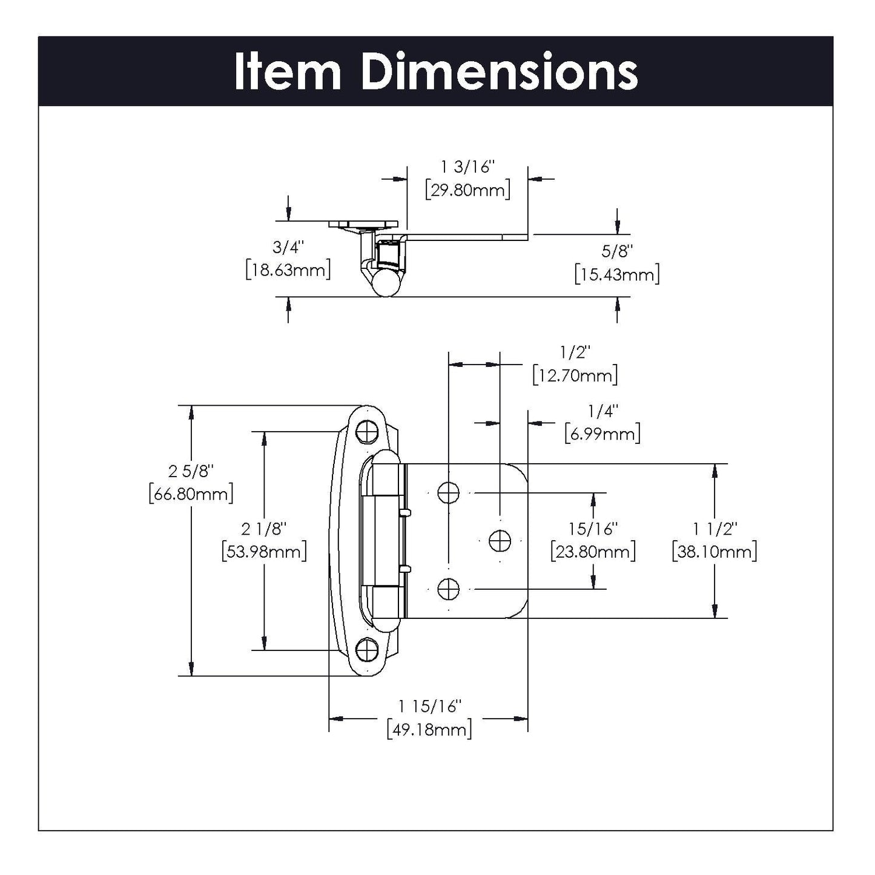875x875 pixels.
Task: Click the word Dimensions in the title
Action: click(x=499, y=72)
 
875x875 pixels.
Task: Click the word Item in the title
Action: click(x=288, y=72)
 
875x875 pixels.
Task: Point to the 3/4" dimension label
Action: click(x=288, y=247)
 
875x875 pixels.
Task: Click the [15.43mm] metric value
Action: click(x=617, y=274)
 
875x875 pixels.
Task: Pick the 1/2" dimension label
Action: click(x=575, y=352)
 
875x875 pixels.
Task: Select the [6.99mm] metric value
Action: click(x=603, y=434)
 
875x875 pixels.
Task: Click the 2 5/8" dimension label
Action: click(x=191, y=471)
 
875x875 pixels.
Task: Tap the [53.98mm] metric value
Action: click(x=265, y=552)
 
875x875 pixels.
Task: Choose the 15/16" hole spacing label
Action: click(x=593, y=529)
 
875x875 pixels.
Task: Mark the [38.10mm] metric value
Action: click(x=715, y=552)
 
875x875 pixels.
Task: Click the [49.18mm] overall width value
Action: click(x=429, y=729)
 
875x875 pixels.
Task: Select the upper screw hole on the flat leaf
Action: click(x=448, y=493)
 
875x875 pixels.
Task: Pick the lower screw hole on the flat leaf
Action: click(x=448, y=588)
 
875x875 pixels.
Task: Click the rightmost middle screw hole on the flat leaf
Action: click(x=500, y=540)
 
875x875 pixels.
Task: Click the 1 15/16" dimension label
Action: click(x=429, y=706)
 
